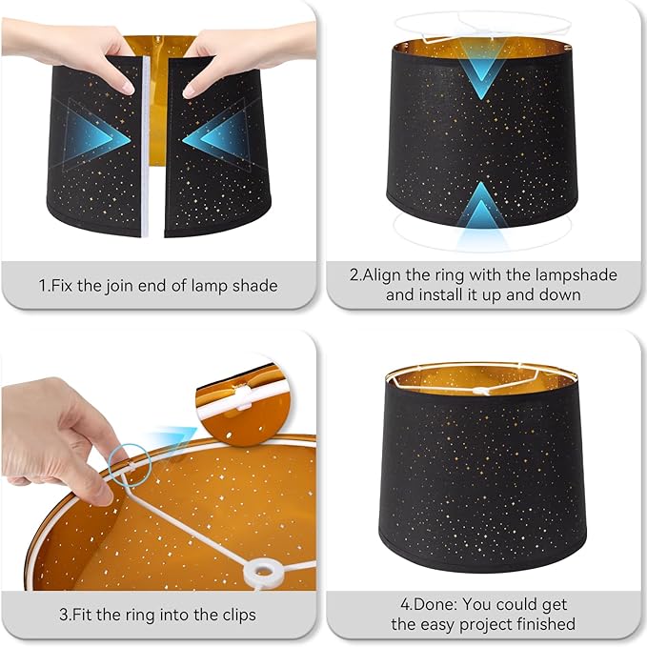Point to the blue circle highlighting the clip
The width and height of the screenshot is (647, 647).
(x=130, y=462)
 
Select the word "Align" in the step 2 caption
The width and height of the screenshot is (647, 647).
(x=386, y=275)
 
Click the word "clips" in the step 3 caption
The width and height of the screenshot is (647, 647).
(x=234, y=615)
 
